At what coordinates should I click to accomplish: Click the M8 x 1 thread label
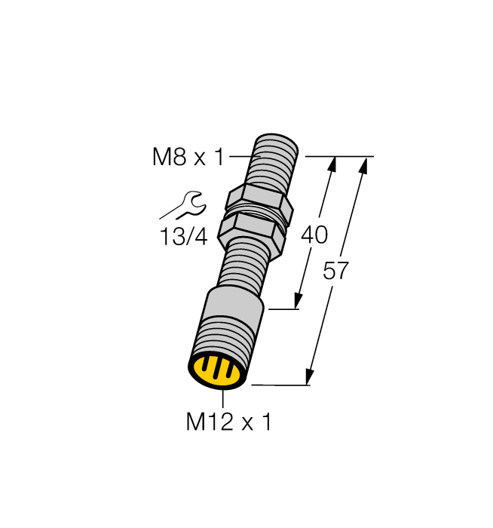pyautogui.click(x=188, y=158)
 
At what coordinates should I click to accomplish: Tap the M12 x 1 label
pyautogui.click(x=228, y=422)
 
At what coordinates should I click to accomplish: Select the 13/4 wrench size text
pyautogui.click(x=183, y=237)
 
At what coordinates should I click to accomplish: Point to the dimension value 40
pyautogui.click(x=314, y=235)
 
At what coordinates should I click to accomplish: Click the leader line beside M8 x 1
pyautogui.click(x=243, y=157)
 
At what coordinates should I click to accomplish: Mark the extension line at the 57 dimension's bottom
pyautogui.click(x=279, y=385)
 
